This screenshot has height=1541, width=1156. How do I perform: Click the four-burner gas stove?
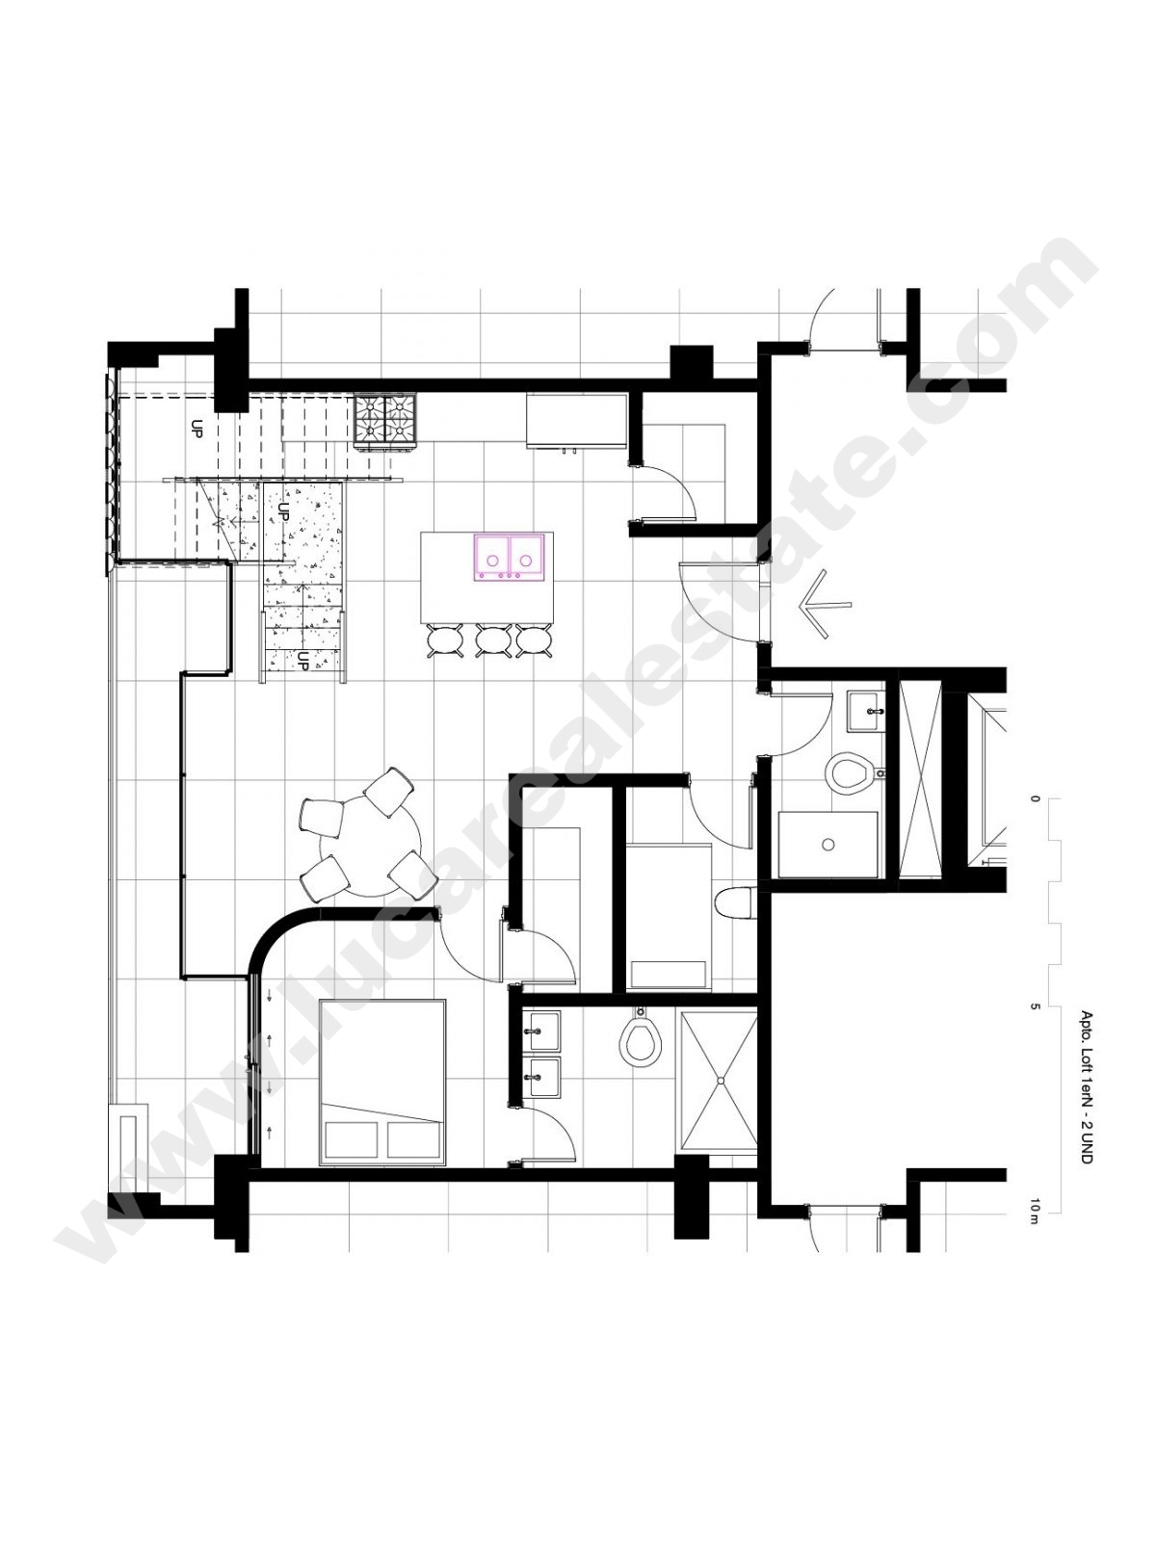click(x=384, y=421)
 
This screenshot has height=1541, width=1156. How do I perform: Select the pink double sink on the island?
click(x=510, y=557)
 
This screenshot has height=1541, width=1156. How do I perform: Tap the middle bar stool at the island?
click(x=492, y=640)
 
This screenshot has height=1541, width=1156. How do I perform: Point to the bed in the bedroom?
click(x=382, y=1082)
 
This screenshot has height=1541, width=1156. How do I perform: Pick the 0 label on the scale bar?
click(x=1034, y=798)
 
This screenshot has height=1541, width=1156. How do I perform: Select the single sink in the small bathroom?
click(x=867, y=712)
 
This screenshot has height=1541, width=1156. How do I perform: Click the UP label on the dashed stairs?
click(x=196, y=429)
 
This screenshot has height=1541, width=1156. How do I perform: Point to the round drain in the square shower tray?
click(x=828, y=845)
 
